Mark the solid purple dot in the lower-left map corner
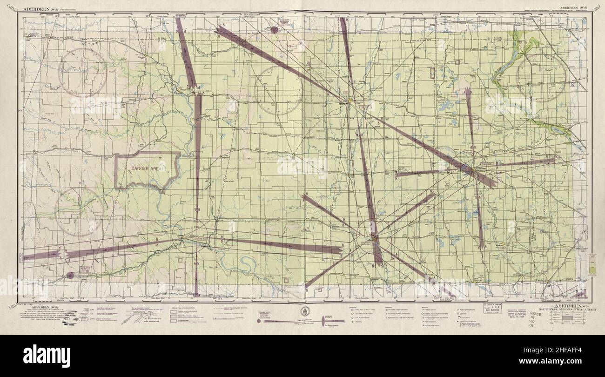[x=70, y=275]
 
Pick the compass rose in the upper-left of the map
[x=82, y=73]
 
